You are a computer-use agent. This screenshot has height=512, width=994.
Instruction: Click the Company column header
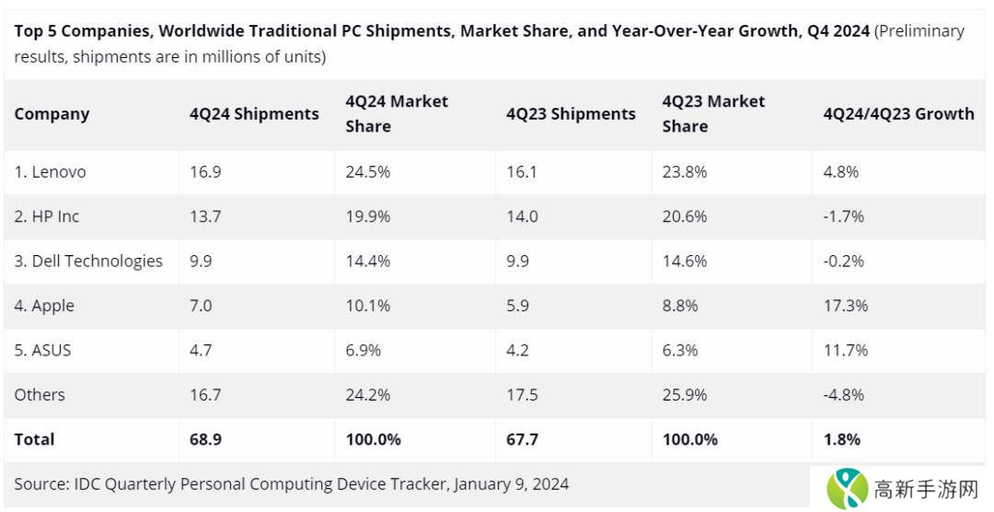click(x=52, y=114)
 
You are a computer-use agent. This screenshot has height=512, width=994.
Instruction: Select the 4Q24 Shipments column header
click(x=254, y=114)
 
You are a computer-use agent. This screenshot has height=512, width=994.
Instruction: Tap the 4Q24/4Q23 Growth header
click(x=898, y=114)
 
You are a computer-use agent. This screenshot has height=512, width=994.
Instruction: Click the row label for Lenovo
click(x=50, y=172)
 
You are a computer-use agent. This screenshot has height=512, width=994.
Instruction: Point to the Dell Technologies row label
click(x=88, y=261)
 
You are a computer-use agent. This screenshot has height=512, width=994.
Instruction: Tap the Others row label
click(x=40, y=395)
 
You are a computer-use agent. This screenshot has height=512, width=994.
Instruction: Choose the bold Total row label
click(x=34, y=439)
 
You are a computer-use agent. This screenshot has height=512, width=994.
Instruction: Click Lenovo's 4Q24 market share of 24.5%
click(x=368, y=172)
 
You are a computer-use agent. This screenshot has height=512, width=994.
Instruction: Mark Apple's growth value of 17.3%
click(x=845, y=306)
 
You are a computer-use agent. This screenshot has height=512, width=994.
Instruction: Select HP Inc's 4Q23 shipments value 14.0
click(x=521, y=216)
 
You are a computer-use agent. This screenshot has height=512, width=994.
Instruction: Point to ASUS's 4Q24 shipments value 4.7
click(x=201, y=350)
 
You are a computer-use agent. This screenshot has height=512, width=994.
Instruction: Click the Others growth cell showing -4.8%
click(x=844, y=395)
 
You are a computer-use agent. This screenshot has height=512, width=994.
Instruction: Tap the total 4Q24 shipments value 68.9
click(x=205, y=439)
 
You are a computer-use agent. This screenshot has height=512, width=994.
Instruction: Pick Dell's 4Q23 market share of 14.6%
click(x=685, y=261)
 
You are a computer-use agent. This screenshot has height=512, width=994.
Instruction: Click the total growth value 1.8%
click(x=841, y=439)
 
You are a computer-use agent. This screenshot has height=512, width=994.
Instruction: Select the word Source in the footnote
click(x=41, y=483)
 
